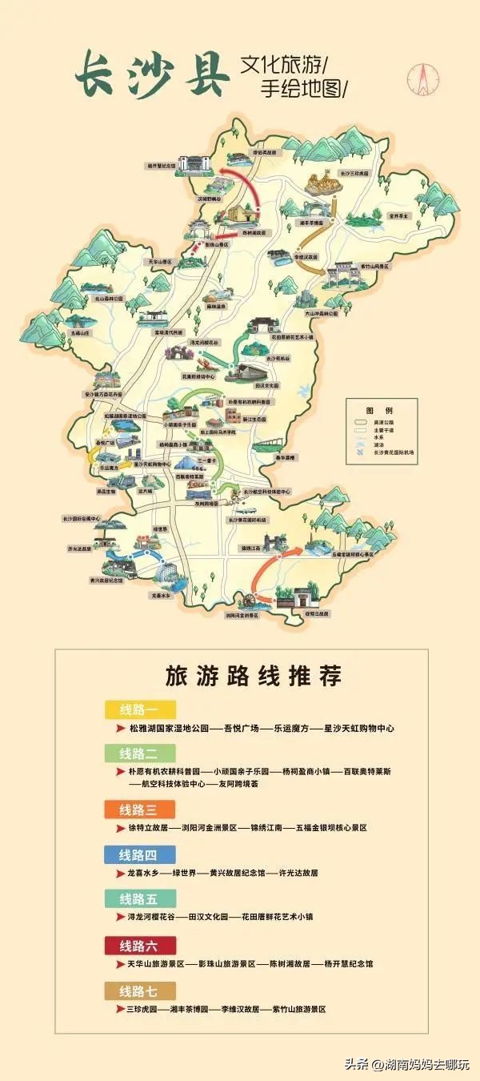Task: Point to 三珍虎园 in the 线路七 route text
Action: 142,1009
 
